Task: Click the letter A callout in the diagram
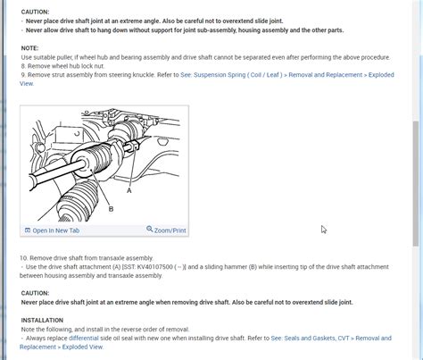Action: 129,190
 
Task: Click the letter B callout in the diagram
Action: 111,209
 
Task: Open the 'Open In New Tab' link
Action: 55,230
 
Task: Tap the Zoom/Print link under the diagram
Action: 170,230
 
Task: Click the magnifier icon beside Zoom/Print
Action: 149,230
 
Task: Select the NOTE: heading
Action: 29,47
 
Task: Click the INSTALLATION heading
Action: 42,318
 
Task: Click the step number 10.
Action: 24,257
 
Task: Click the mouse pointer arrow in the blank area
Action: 323,230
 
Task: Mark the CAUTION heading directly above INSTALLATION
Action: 35,292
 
